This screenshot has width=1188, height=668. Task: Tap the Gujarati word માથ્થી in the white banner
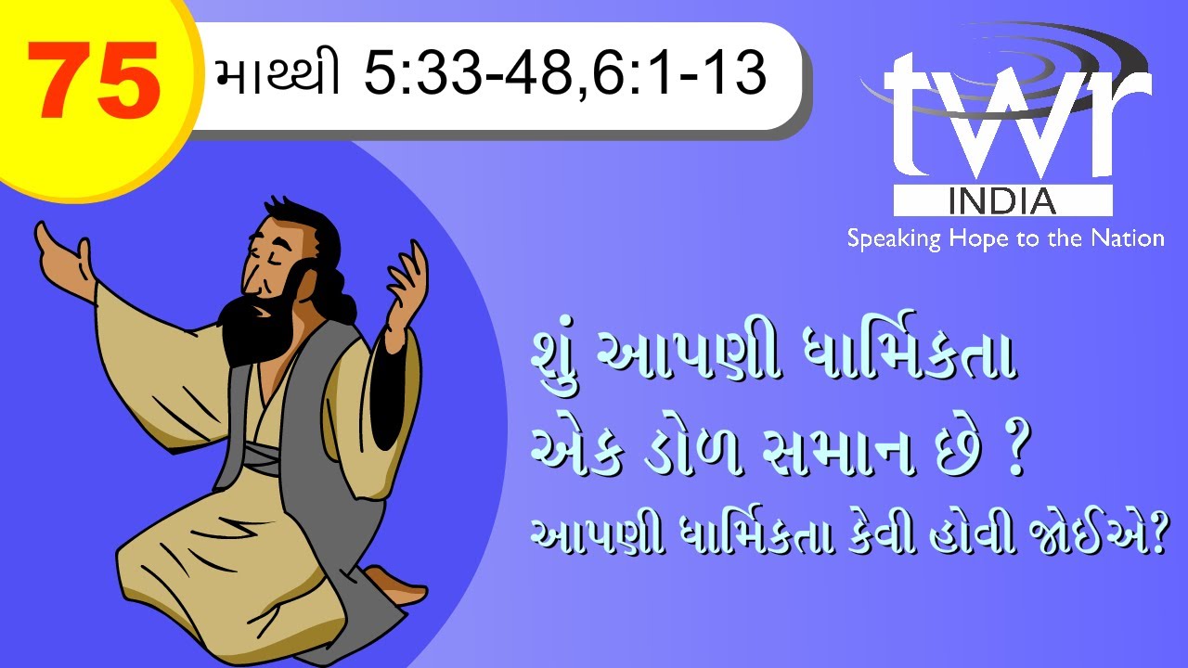[276, 74]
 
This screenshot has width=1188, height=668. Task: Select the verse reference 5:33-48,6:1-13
[564, 74]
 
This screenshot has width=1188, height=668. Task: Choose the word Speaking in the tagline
[893, 239]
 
